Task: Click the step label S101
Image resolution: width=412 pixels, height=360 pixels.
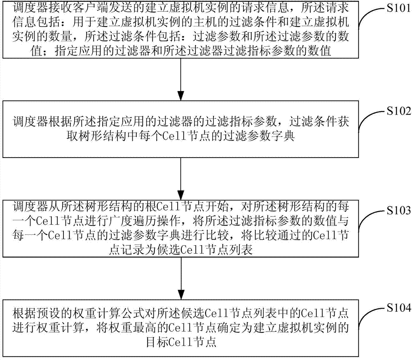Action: pyautogui.click(x=398, y=8)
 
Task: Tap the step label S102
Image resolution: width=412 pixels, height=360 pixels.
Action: pyautogui.click(x=398, y=111)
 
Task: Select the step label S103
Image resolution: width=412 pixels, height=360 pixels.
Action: pyautogui.click(x=398, y=210)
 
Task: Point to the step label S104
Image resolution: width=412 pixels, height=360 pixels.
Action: pyautogui.click(x=398, y=308)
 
